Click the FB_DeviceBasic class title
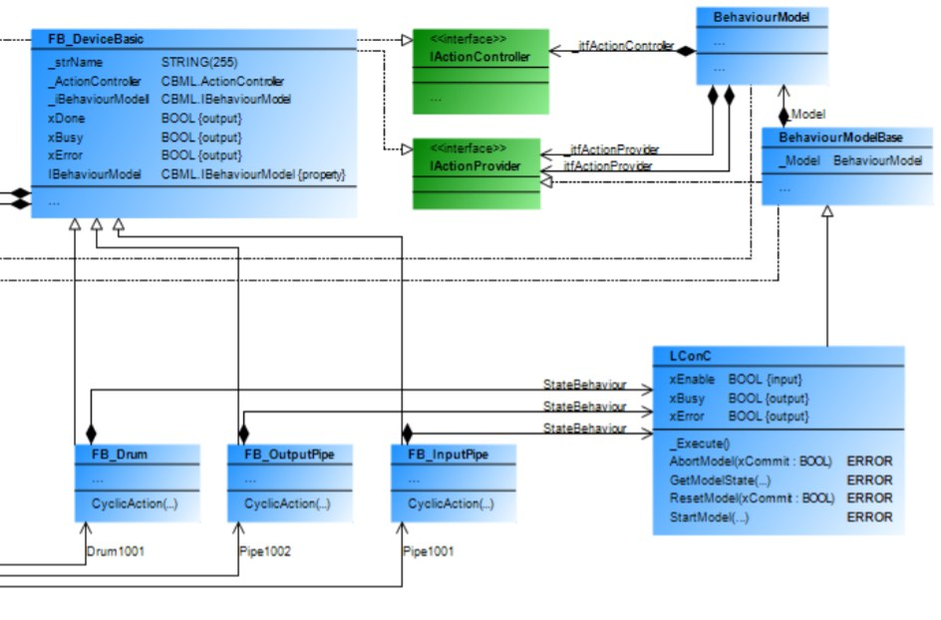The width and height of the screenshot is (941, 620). (96, 39)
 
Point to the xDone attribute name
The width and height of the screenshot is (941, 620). (66, 118)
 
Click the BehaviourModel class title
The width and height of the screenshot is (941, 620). (761, 17)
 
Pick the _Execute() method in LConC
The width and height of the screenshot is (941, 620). (699, 444)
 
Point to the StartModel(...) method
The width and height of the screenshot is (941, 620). (709, 516)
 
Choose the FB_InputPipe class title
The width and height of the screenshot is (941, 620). (449, 455)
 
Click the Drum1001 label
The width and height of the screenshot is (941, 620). (116, 549)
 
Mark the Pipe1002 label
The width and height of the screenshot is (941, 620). (265, 549)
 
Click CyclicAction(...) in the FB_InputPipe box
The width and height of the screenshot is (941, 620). (450, 503)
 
